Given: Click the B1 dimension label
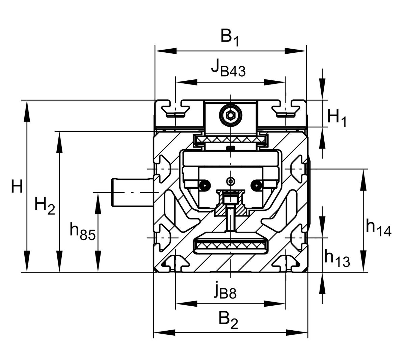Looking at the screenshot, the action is [x=229, y=38].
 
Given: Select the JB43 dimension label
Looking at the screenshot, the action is [x=228, y=69].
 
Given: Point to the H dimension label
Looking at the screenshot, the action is [x=17, y=186].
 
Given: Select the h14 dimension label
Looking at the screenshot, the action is [x=378, y=228].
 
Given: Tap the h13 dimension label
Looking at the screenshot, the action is [x=337, y=258].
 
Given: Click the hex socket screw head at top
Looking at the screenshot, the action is [x=231, y=115].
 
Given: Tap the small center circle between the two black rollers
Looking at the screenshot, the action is [x=231, y=181].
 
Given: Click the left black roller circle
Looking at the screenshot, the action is [x=204, y=185].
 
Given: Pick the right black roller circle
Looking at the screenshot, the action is [x=257, y=185].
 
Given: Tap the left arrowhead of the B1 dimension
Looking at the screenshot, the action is [x=166, y=51].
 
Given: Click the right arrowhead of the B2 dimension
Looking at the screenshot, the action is [x=297, y=333].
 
